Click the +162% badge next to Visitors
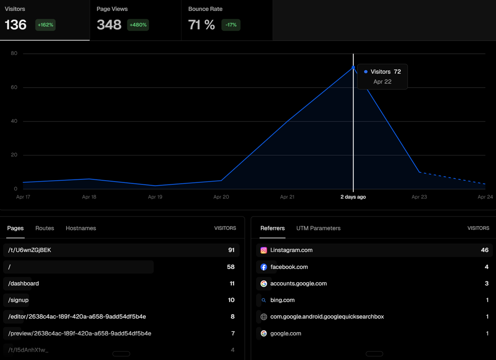point(45,25)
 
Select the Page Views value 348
point(109,25)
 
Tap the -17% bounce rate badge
point(231,25)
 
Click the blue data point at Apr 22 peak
point(353,67)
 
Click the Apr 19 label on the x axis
point(155,197)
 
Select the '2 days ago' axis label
point(353,197)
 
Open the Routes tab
point(45,228)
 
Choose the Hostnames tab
point(81,228)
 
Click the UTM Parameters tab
point(318,228)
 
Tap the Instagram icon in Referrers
point(264,250)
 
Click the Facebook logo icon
point(264,267)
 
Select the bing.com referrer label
point(282,300)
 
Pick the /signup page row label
point(19,300)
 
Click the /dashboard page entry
point(24,284)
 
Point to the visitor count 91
point(231,250)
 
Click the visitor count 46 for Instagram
point(484,250)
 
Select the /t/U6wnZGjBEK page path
point(30,250)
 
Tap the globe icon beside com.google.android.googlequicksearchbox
point(264,317)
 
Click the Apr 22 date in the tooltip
point(382,82)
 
